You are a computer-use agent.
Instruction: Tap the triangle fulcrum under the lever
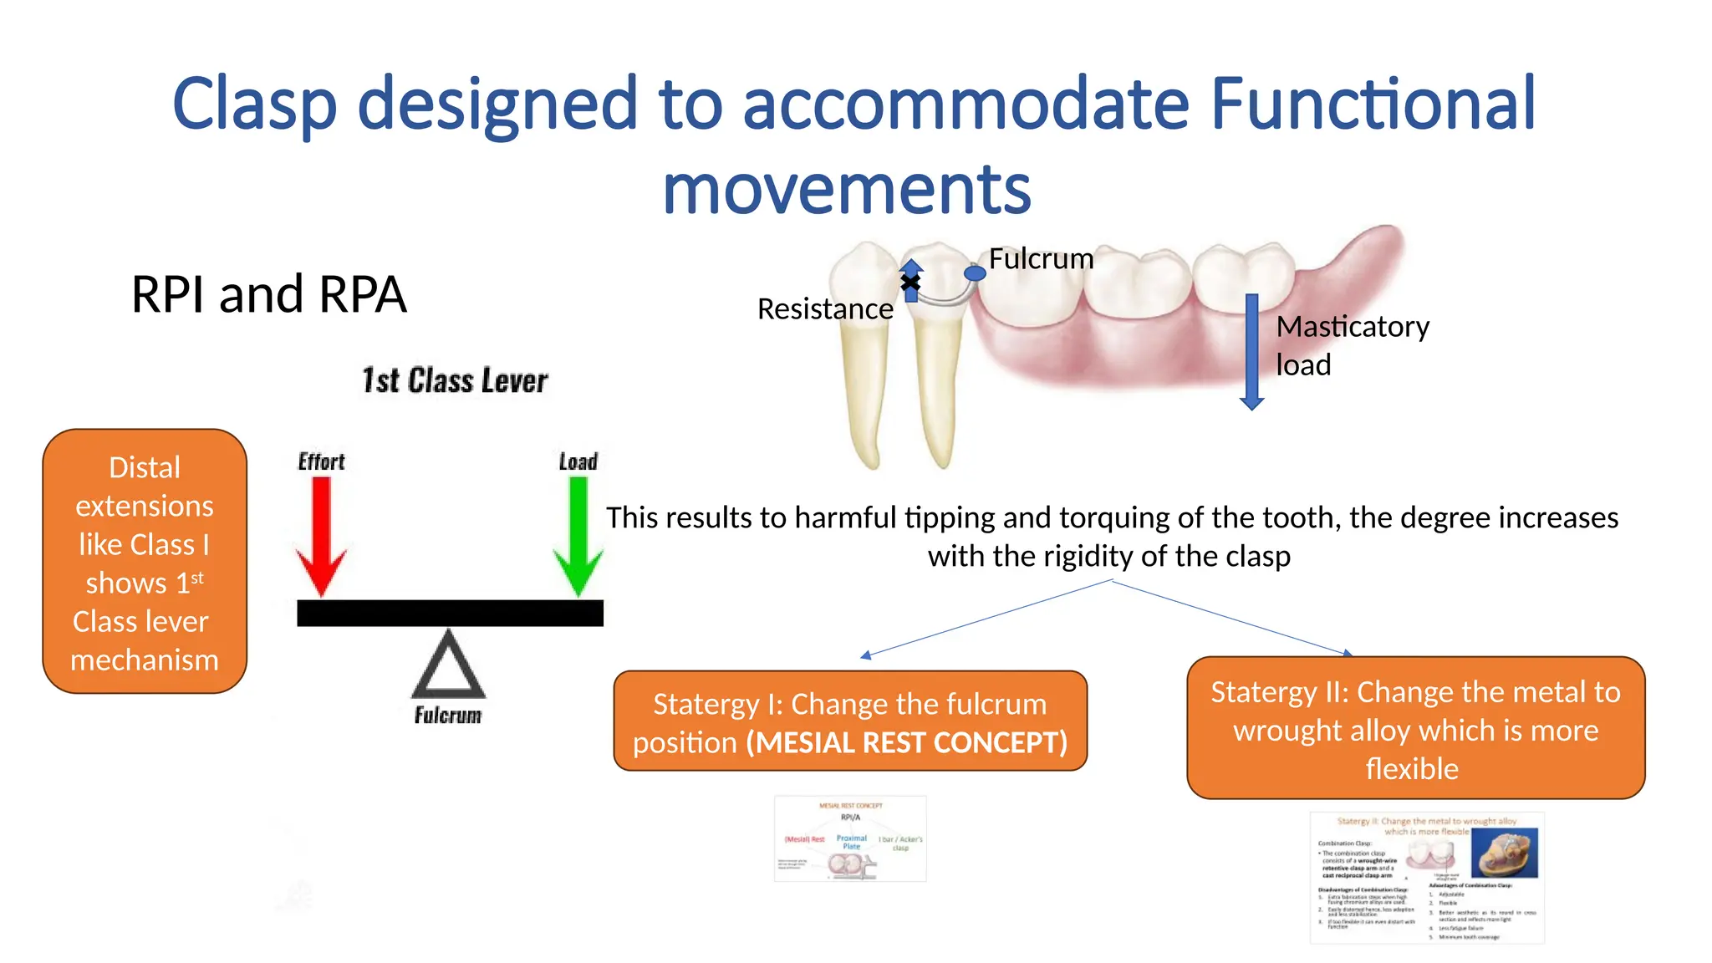coord(449,667)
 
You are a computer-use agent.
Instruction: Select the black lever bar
coord(450,613)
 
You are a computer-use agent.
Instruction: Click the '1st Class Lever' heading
coord(455,380)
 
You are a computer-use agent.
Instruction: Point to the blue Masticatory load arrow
coord(1251,351)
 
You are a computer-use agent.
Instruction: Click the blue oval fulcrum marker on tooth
coord(975,273)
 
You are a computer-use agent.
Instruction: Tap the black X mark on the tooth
coord(910,282)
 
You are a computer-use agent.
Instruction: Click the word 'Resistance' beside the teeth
coord(824,309)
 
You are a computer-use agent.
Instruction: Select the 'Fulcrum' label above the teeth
coord(1041,258)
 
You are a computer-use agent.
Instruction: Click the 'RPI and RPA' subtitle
coord(268,294)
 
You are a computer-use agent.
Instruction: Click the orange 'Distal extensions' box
coord(145,562)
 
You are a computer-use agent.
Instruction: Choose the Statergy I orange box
coord(850,721)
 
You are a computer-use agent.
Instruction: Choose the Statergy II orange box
coord(1415,728)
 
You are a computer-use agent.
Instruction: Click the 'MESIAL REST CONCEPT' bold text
coord(907,742)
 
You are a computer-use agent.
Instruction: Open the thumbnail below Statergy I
coord(850,838)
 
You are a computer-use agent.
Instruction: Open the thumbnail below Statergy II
coord(1427,878)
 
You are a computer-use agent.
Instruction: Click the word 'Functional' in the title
coord(1373,104)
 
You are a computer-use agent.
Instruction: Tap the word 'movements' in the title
coord(846,190)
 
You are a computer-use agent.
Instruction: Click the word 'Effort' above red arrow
coord(321,461)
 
